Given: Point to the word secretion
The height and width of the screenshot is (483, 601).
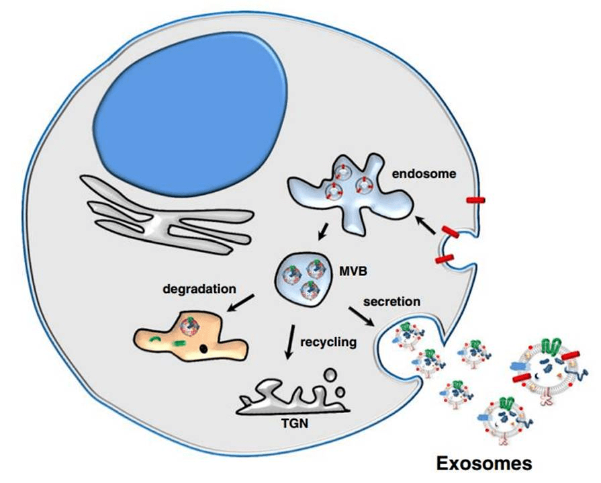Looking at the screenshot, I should click(392, 301).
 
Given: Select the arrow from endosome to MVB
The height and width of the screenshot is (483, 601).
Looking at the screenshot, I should click(323, 232).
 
